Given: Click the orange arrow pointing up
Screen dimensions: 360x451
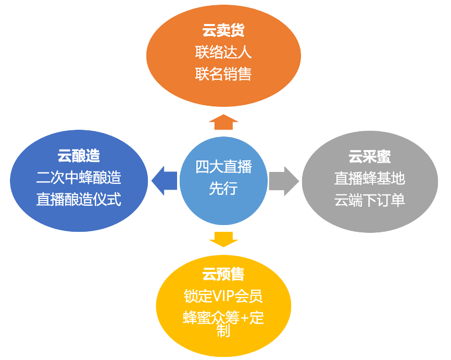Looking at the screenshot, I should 223,122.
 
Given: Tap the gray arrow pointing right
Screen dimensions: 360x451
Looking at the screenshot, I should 284,181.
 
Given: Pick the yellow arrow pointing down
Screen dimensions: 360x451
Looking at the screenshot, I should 223,239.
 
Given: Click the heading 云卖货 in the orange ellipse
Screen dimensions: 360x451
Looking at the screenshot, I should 223,31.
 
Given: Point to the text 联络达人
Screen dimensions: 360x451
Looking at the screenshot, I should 223,53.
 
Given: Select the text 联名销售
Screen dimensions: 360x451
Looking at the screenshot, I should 223,75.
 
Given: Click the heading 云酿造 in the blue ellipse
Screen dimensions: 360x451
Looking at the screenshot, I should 79,155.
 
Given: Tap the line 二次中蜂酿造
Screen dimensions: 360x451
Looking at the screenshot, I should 79,177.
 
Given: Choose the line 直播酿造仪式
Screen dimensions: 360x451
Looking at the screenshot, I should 79,199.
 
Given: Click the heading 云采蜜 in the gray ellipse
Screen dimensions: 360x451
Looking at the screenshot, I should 369,156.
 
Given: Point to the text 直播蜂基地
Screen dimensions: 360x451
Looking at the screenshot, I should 369,178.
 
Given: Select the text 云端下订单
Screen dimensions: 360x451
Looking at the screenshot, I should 369,200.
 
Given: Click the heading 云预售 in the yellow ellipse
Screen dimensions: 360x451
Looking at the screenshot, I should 223,275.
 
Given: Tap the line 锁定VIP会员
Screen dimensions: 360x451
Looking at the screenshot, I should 223,296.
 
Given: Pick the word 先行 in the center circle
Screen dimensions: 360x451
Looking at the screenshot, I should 223,188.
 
